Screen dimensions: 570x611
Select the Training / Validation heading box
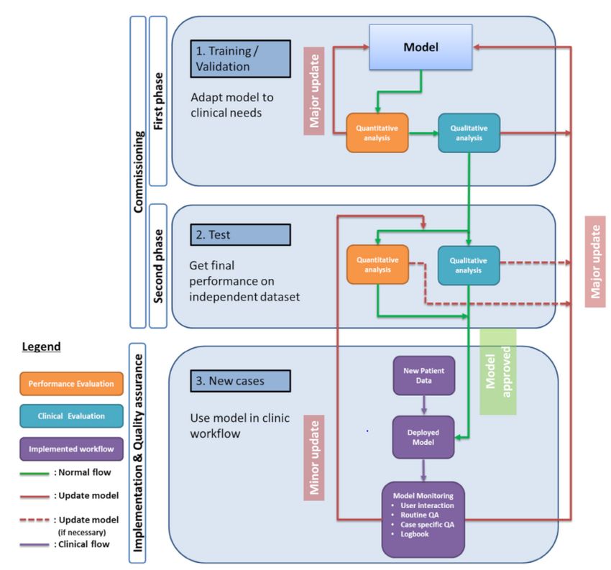(240, 58)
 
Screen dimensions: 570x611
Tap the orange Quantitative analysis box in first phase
(377, 132)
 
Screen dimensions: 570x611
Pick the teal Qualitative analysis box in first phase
(469, 132)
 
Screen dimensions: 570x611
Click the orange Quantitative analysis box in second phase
(377, 265)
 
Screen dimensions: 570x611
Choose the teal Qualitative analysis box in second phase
(469, 265)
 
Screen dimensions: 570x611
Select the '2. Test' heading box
(240, 234)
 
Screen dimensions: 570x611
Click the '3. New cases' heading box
(240, 380)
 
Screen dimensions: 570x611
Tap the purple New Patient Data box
(423, 375)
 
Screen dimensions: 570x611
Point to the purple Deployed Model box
(423, 437)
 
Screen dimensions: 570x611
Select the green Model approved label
(497, 372)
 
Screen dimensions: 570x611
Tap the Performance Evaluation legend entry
(71, 384)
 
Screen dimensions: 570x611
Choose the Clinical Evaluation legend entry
(71, 415)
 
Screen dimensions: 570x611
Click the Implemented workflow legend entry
(71, 450)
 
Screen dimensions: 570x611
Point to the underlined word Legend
(41, 346)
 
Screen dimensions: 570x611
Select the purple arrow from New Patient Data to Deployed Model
(423, 405)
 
